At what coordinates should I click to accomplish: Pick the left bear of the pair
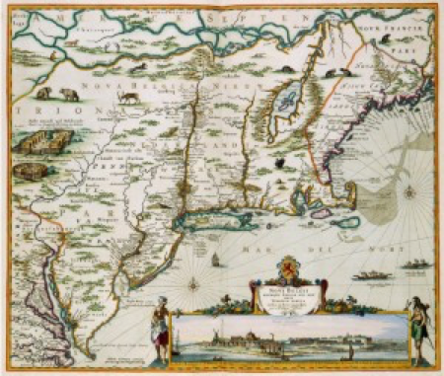44,93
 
